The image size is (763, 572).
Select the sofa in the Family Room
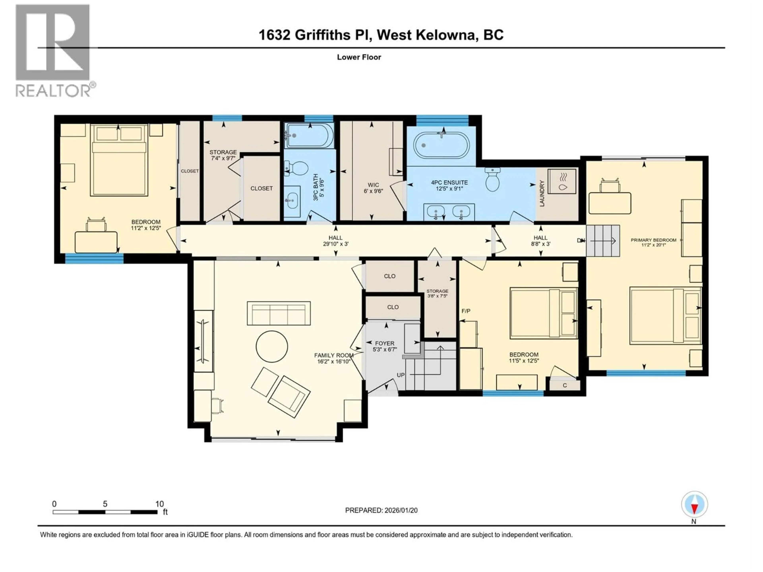pyautogui.click(x=279, y=313)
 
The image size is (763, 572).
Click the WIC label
pyautogui.click(x=373, y=185)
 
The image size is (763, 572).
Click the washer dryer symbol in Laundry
pyautogui.click(x=562, y=181)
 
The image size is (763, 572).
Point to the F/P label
pyautogui.click(x=466, y=311)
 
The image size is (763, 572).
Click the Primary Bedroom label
pyautogui.click(x=653, y=240)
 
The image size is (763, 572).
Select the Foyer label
pyautogui.click(x=385, y=343)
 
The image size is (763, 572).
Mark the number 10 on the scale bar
pyautogui.click(x=159, y=504)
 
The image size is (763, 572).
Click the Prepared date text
pyautogui.click(x=381, y=510)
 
